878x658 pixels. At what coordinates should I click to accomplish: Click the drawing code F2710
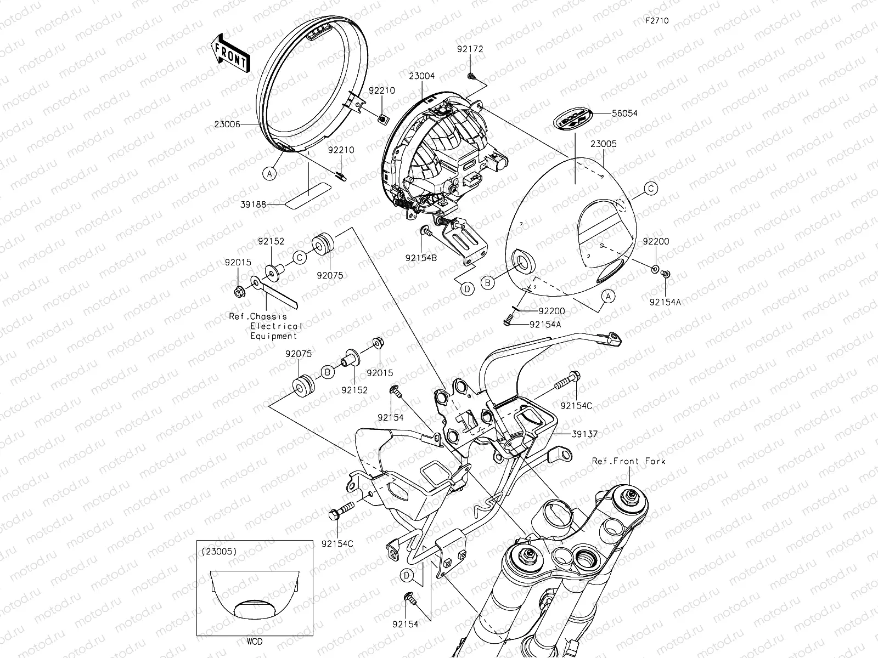pyautogui.click(x=657, y=21)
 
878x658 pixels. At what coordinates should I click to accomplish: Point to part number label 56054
pyautogui.click(x=626, y=114)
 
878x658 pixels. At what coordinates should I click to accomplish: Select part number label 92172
pyautogui.click(x=470, y=49)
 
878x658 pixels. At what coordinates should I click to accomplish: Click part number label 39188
pyautogui.click(x=254, y=204)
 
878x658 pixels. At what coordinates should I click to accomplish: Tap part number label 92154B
pyautogui.click(x=421, y=258)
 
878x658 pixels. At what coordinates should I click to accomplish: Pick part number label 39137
pyautogui.click(x=584, y=434)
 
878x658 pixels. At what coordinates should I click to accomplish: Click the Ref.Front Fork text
pyautogui.click(x=628, y=461)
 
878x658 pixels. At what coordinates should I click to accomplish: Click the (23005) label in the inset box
pyautogui.click(x=219, y=552)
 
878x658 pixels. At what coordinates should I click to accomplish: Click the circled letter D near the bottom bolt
pyautogui.click(x=407, y=575)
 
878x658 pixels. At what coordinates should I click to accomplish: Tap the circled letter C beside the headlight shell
pyautogui.click(x=650, y=189)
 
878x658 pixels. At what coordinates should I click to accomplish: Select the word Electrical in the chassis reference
pyautogui.click(x=276, y=326)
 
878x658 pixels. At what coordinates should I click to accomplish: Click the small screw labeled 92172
pyautogui.click(x=471, y=75)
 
